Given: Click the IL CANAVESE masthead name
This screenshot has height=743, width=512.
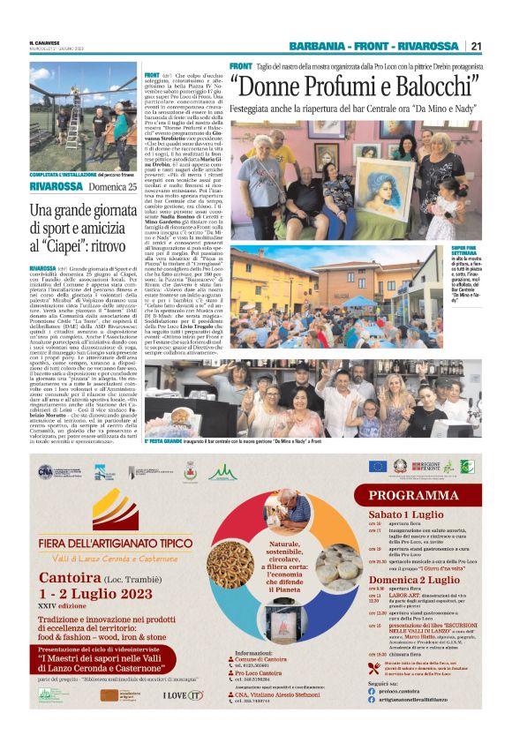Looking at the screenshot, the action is (x=43, y=40).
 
